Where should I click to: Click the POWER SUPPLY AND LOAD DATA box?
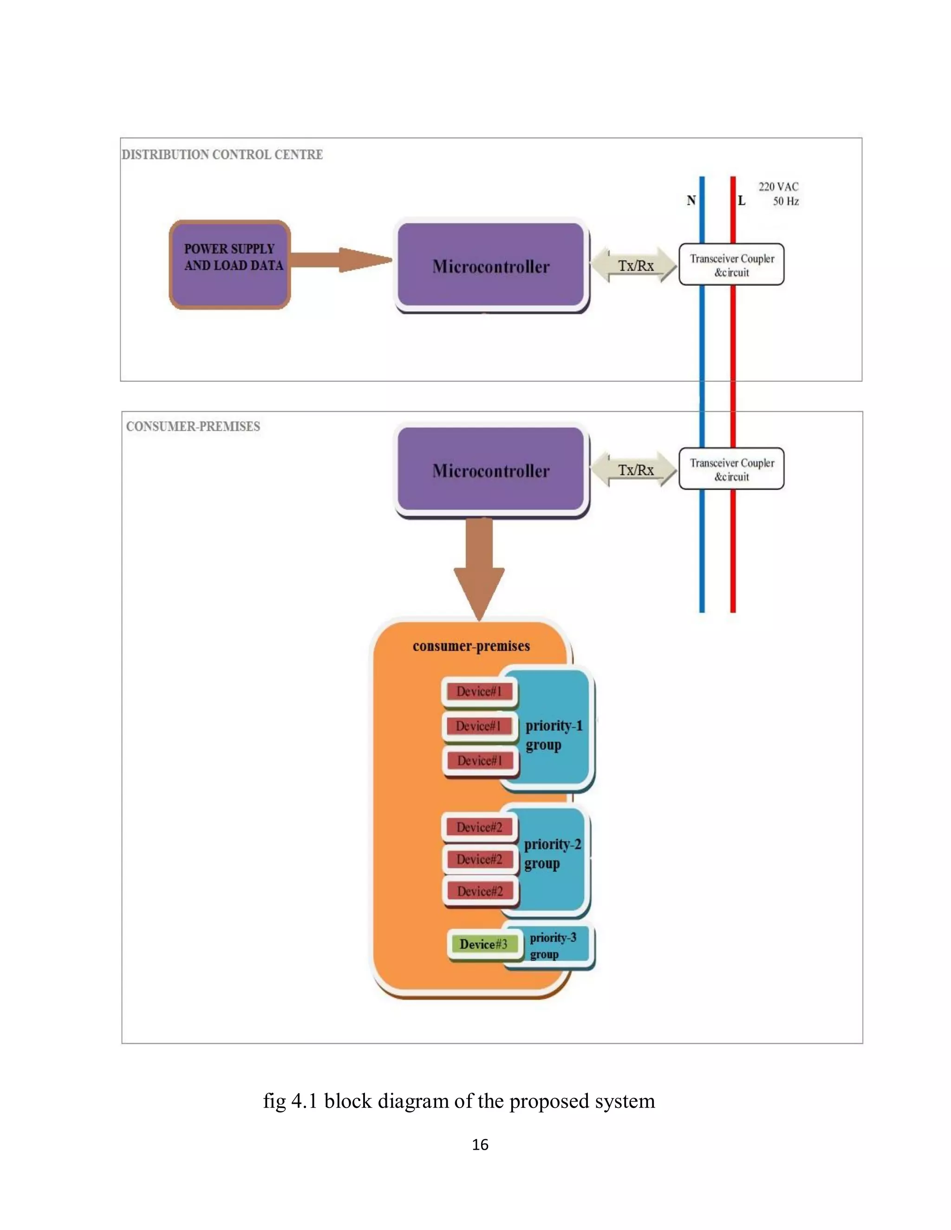(230, 264)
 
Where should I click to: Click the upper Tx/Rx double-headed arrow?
(635, 265)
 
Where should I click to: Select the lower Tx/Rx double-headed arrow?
(635, 470)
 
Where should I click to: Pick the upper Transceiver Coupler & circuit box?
(731, 265)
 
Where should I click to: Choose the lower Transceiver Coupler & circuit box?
(731, 469)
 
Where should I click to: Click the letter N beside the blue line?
(690, 201)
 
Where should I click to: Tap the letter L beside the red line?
(742, 201)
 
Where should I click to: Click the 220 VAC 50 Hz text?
(779, 194)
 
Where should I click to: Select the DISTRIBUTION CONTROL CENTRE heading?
(222, 154)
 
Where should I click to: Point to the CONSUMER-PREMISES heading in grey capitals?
(193, 427)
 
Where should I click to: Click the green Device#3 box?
(483, 944)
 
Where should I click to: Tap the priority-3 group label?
(552, 945)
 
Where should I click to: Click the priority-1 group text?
(553, 734)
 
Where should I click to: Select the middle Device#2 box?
(479, 859)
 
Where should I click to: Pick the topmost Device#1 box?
(479, 691)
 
